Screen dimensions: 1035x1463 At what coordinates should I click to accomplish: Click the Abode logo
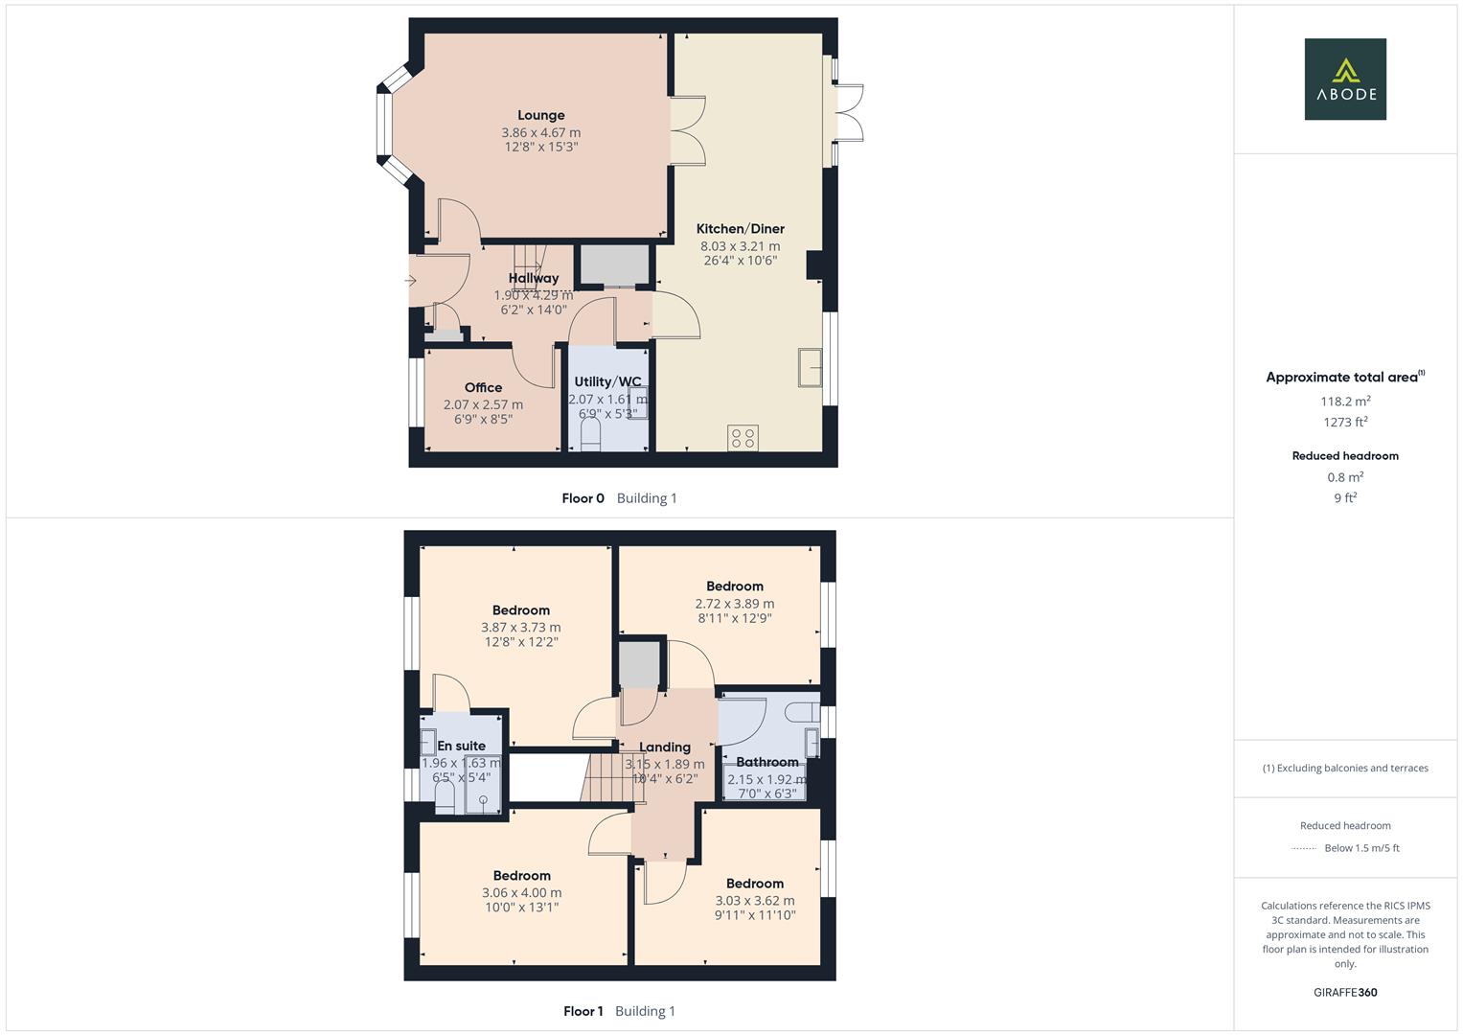click(1345, 80)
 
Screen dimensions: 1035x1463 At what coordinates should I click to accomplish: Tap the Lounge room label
click(541, 116)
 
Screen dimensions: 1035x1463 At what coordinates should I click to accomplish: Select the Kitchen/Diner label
click(740, 229)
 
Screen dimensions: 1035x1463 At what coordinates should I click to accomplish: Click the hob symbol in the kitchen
click(743, 438)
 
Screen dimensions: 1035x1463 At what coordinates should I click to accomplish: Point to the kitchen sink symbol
click(810, 368)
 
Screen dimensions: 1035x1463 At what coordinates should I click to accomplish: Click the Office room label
click(483, 388)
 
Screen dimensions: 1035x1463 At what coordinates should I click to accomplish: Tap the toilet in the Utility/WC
click(589, 435)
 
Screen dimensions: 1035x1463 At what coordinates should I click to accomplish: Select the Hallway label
click(534, 279)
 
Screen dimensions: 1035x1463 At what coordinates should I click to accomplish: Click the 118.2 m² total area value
click(1345, 402)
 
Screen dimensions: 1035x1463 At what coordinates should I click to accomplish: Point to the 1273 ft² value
click(1345, 422)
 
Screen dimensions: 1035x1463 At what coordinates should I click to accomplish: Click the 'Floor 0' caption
click(583, 498)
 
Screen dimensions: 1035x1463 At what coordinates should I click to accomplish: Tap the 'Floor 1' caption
click(583, 1011)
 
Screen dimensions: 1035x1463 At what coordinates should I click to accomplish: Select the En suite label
click(461, 746)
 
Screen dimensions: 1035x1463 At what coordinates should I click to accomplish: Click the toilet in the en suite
click(445, 797)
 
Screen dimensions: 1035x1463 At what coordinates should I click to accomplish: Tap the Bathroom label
click(766, 763)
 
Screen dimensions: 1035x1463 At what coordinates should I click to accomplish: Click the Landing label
click(664, 747)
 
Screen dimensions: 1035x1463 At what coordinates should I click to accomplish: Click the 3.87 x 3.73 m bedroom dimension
click(520, 628)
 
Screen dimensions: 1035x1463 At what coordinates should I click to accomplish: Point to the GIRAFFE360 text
click(1345, 993)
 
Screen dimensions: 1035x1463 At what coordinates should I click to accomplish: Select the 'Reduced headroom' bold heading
click(1345, 456)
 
